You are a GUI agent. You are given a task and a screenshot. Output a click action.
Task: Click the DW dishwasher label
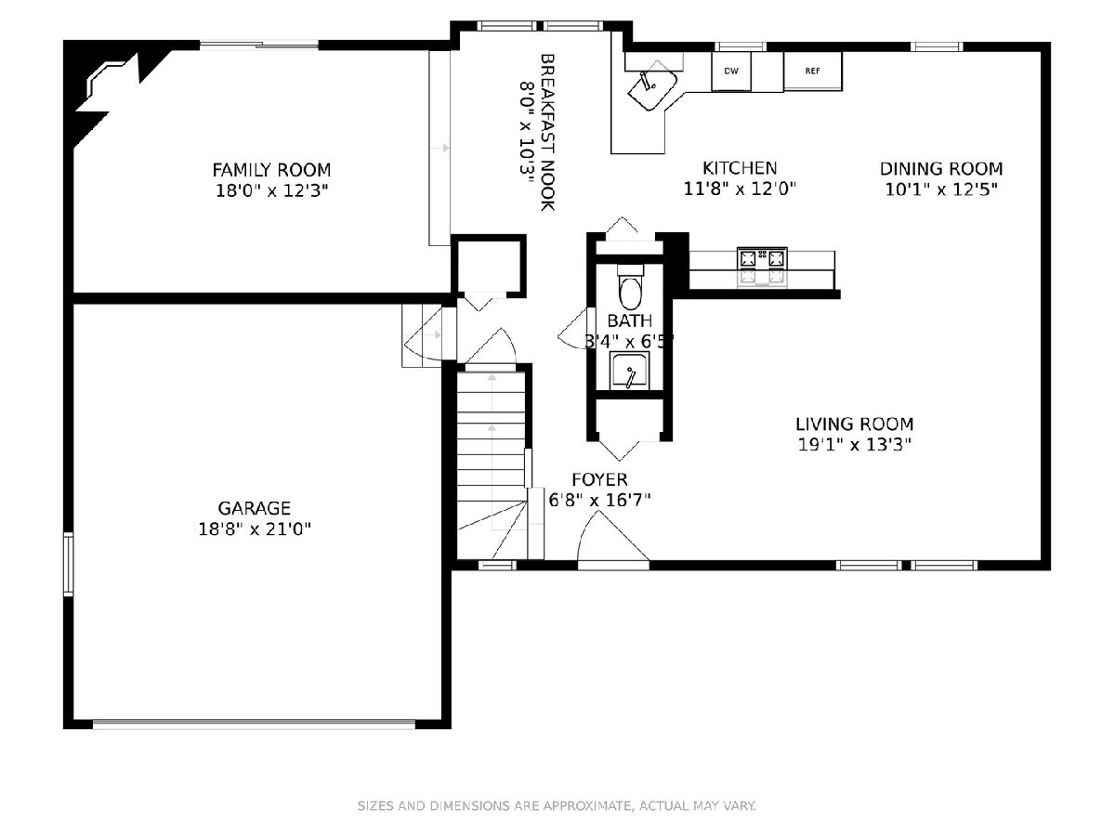pos(731,72)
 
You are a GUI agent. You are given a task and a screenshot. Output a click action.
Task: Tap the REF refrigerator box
pos(813,72)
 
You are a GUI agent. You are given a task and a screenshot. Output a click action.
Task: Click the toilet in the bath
pos(630,287)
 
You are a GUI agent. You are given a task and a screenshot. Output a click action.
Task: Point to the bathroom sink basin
pos(630,372)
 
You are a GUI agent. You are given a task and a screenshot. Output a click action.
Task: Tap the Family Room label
pos(271,170)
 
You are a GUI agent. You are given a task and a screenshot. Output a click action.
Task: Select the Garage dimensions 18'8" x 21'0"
pos(254,529)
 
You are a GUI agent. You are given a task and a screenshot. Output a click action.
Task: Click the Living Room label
pos(855,424)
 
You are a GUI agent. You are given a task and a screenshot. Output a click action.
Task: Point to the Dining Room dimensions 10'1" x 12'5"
pos(941,189)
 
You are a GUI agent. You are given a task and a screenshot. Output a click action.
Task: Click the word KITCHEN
pos(740,168)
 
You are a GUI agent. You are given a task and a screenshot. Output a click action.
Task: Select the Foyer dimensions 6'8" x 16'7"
pos(599,501)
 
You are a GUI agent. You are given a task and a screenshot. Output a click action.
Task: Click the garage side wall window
pos(68,564)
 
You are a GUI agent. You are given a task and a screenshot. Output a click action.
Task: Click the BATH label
pos(630,320)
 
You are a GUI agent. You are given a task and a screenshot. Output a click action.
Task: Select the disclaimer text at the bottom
pos(557,805)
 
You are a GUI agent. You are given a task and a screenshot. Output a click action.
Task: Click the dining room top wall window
pos(937,46)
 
